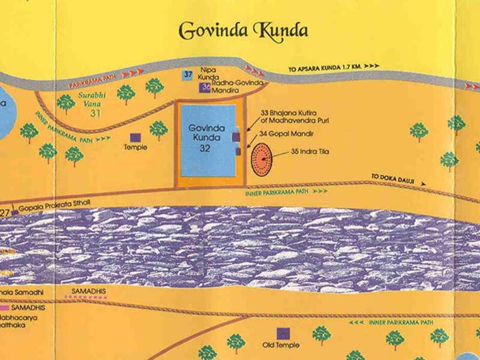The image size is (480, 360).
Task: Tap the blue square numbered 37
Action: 188,75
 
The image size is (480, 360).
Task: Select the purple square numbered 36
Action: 205,88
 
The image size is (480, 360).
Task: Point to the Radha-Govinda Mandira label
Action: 234,88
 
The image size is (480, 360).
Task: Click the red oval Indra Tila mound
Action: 262,160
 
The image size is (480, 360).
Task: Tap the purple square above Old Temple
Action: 281,333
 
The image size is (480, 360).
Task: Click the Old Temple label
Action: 281,346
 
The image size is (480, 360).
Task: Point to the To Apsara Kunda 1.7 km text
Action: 325,70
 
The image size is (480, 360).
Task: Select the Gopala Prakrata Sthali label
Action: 55,205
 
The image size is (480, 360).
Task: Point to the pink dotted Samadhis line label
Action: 88,290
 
